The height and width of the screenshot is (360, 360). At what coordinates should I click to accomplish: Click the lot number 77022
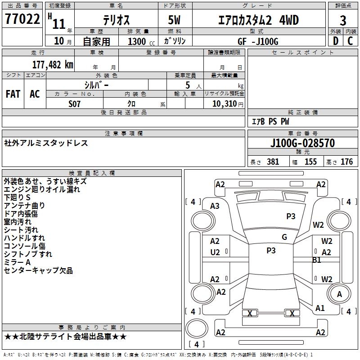(x=22, y=20)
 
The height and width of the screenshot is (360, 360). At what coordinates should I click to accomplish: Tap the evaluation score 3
(x=343, y=20)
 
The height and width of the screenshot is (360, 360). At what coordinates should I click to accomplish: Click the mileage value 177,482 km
(x=53, y=64)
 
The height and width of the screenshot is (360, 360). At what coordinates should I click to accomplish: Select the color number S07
(x=75, y=103)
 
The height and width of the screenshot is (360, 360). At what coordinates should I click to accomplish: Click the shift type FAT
(x=13, y=94)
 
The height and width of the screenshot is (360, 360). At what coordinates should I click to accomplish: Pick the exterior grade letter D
(x=335, y=41)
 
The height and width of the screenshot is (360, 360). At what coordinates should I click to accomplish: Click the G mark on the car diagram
(x=284, y=237)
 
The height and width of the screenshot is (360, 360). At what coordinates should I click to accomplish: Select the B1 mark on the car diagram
(x=316, y=260)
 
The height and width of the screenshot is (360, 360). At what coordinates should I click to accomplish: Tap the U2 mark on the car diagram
(x=215, y=252)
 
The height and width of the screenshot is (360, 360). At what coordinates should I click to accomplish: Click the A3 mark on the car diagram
(x=215, y=206)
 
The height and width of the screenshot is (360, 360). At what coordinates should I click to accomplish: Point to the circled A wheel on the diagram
(x=340, y=294)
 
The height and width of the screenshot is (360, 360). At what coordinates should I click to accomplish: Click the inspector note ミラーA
(x=17, y=262)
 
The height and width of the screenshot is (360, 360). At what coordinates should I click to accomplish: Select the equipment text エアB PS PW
(x=270, y=121)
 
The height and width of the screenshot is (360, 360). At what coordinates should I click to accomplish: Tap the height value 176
(x=346, y=162)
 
